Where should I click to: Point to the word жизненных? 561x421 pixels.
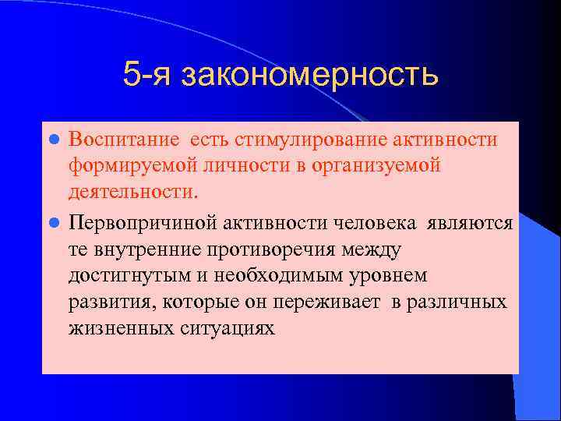point(113,328)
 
